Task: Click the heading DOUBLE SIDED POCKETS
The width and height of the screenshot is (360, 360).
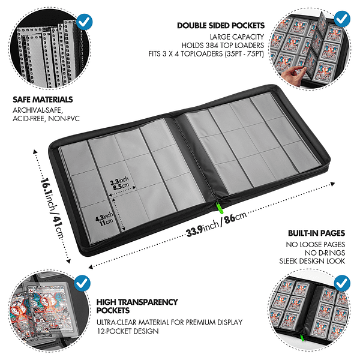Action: [x=221, y=25]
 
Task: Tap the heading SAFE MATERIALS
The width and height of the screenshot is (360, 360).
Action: [x=43, y=100]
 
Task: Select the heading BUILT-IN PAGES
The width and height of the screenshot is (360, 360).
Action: [x=317, y=233]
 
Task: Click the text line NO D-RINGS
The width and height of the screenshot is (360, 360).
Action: [x=325, y=253]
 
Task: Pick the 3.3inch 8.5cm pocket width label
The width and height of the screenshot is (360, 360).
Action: [x=119, y=184]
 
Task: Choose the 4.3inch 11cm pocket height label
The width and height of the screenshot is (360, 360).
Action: [x=104, y=219]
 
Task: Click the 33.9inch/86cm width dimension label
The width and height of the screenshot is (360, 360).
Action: [x=217, y=223]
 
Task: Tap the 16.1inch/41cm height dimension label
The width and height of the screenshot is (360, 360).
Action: [x=52, y=208]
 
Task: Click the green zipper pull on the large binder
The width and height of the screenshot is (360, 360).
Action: [x=220, y=208]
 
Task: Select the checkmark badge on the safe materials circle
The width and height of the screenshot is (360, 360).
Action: [x=84, y=22]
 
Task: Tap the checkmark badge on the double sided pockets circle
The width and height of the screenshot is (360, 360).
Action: [x=342, y=19]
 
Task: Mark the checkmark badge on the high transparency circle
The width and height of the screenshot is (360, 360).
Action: [x=82, y=283]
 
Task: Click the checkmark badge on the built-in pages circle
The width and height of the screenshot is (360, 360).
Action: [x=342, y=283]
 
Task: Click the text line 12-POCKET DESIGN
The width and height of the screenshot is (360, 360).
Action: [x=128, y=331]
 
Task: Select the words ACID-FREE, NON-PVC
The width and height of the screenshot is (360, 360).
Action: [x=46, y=119]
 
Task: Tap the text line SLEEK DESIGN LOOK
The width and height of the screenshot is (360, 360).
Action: [x=312, y=261]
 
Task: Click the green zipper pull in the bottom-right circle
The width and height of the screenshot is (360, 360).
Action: [x=302, y=337]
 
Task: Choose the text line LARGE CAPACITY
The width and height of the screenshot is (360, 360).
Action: [x=237, y=37]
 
